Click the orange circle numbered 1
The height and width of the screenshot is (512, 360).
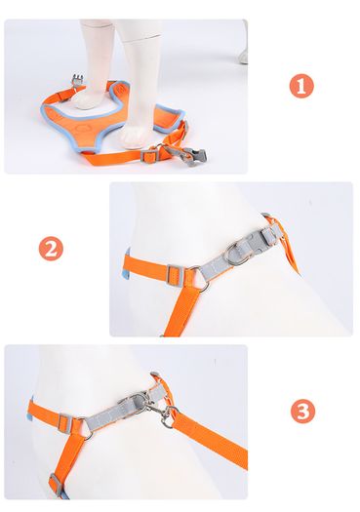coord(301,86)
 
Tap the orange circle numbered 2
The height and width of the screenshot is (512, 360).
coord(51,249)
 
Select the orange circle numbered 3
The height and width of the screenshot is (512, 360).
coord(302,412)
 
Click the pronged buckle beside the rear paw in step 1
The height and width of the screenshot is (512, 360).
coord(77,80)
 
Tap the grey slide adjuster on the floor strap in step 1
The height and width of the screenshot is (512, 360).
coord(149,156)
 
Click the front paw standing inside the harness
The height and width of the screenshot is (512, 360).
coord(136,135)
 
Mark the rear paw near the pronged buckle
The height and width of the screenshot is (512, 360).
coord(89,99)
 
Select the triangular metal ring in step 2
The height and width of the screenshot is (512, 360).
coord(200,278)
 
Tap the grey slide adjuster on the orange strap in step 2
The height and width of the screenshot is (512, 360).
coord(176,275)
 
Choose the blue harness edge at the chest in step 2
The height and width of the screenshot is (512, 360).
coord(127,265)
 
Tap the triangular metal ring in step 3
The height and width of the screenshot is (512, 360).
coord(86,428)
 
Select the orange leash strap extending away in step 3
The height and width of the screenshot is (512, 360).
coord(210,438)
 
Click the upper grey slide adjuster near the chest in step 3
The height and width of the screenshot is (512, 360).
coord(65,423)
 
